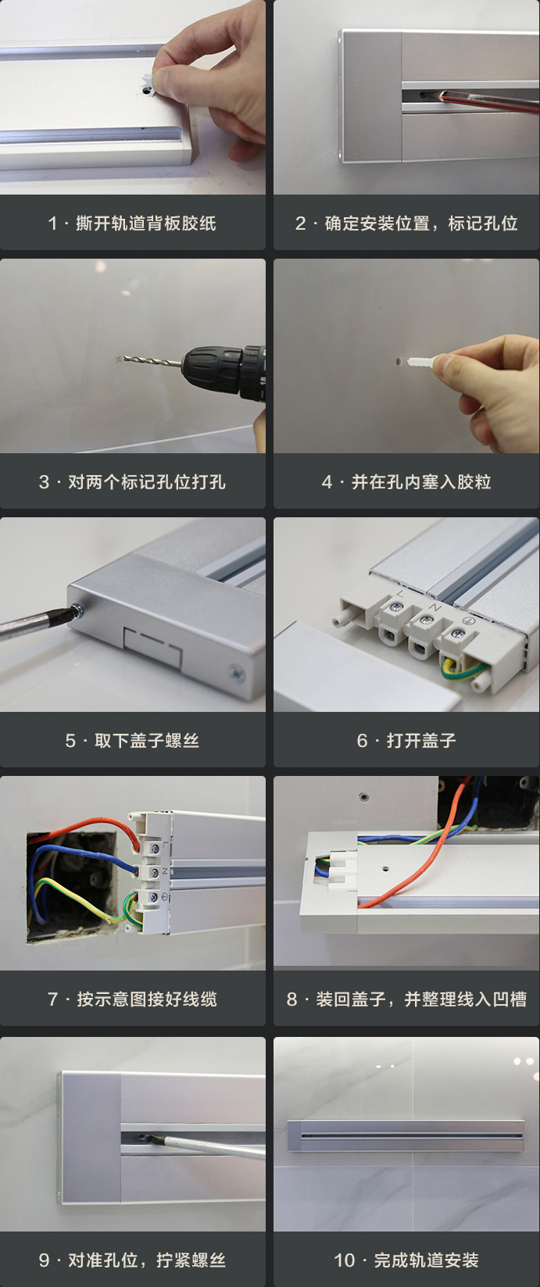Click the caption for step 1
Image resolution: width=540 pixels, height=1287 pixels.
[132, 223]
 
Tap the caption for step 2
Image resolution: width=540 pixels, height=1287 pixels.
[406, 223]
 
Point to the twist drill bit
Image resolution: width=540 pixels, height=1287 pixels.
[149, 361]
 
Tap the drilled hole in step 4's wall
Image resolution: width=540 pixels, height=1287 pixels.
[399, 362]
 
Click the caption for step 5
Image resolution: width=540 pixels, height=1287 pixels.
[132, 741]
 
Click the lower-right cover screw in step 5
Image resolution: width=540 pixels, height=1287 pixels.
[236, 673]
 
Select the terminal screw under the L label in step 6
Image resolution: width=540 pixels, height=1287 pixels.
[396, 606]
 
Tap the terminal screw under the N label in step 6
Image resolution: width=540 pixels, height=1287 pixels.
[426, 620]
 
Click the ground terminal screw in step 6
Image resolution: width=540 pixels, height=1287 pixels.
[458, 634]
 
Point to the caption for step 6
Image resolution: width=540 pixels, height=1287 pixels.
[406, 741]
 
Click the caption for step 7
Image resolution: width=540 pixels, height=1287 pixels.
[132, 999]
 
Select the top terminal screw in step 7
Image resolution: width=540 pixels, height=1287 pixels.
[155, 848]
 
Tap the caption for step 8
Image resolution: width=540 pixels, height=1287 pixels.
[406, 999]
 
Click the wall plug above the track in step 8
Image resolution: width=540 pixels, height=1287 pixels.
[363, 797]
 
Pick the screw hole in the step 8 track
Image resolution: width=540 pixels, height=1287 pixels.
[385, 868]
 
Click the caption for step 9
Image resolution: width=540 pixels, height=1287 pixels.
[132, 1260]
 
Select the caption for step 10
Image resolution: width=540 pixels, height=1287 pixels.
[406, 1260]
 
